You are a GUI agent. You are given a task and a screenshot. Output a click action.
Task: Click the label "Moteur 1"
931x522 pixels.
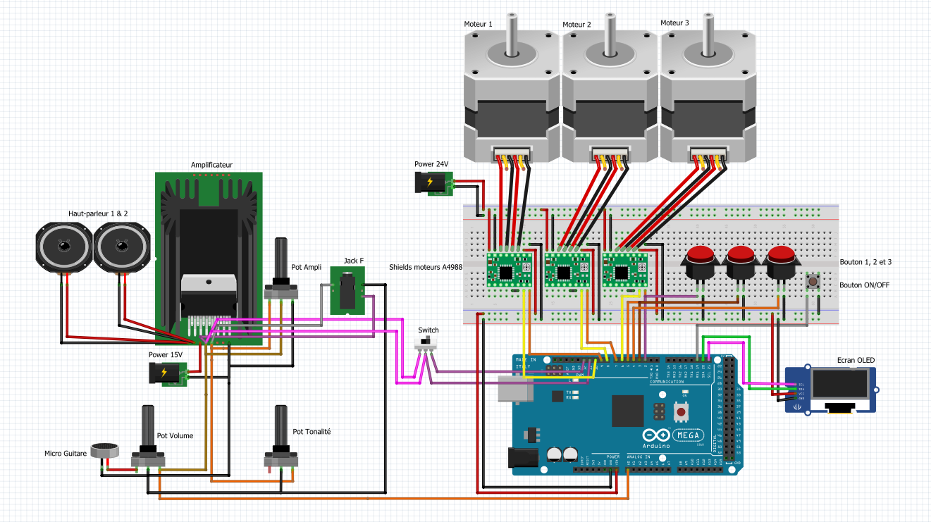478,24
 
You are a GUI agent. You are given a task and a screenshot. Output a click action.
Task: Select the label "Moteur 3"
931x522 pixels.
674,23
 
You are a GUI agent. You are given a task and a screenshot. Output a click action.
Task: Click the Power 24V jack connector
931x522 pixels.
431,184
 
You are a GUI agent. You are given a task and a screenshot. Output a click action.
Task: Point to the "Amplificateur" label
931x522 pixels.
211,165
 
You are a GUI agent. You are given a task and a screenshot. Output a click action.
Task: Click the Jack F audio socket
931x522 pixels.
347,291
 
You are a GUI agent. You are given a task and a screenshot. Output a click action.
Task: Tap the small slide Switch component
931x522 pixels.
425,342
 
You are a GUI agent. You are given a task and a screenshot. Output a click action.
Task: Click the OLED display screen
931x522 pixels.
839,385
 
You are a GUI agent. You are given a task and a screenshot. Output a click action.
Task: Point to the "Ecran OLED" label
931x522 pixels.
856,360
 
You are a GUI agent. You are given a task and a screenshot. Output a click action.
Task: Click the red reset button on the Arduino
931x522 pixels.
682,411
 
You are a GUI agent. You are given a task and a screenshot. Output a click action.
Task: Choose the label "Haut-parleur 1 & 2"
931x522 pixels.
98,213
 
